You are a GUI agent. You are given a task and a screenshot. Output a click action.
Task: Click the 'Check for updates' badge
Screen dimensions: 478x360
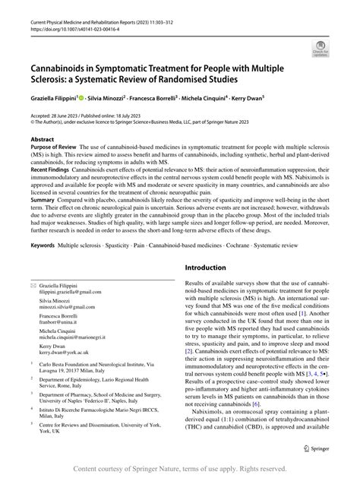pos(321,52)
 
